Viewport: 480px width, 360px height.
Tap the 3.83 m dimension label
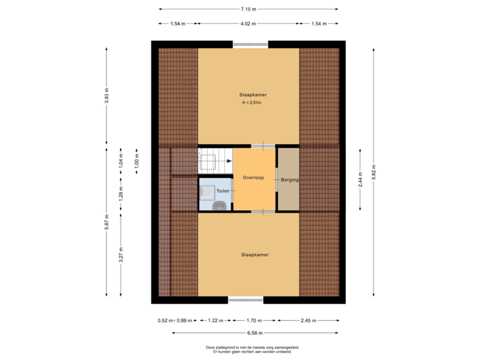106,96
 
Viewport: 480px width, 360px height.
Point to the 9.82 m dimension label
373,172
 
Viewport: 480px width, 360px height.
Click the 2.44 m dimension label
360,179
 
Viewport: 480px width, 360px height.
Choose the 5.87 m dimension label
106,221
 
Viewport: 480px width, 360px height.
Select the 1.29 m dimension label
121,193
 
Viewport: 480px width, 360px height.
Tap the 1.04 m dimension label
121,161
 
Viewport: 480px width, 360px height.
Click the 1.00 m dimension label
137,161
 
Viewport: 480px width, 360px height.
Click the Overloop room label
253,178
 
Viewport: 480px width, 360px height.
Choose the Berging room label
289,180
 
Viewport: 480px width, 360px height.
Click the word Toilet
222,191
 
